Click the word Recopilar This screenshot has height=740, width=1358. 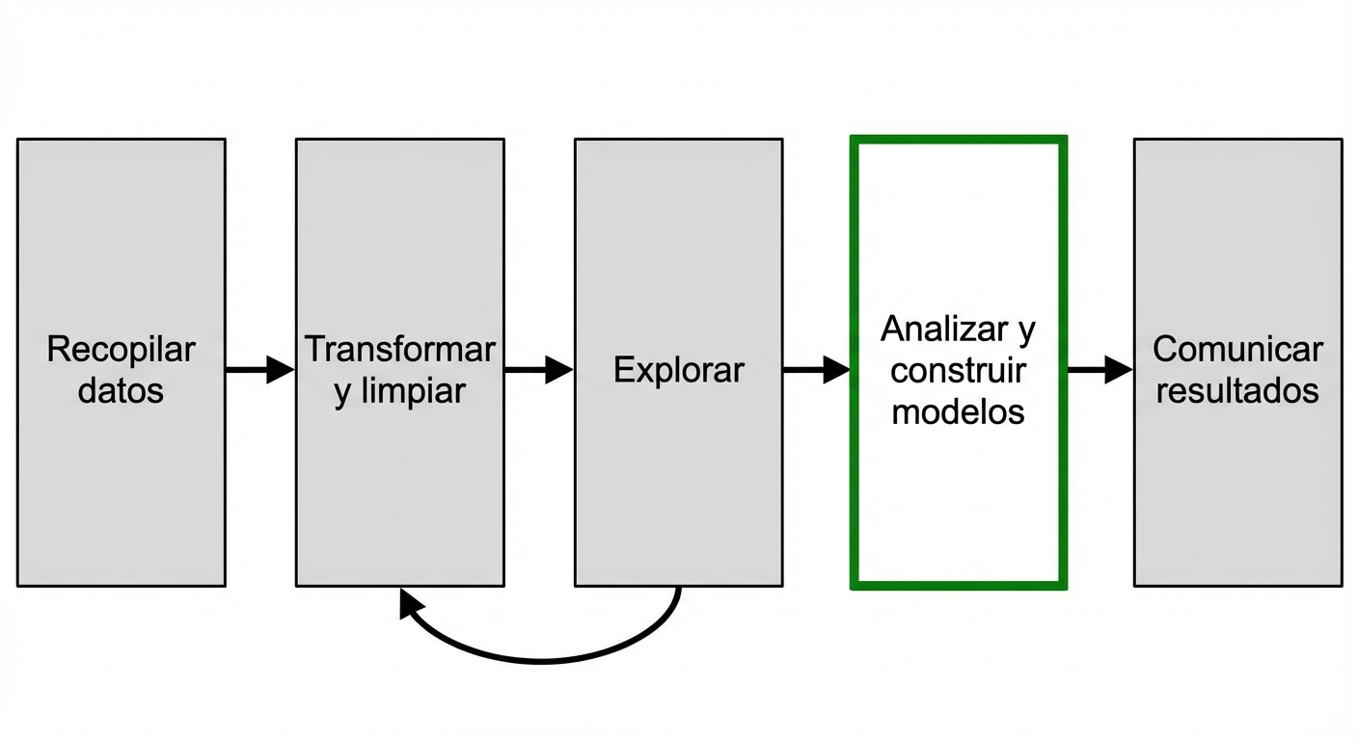[x=121, y=350]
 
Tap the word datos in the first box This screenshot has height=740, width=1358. [x=121, y=391]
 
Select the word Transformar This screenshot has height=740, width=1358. [x=399, y=350]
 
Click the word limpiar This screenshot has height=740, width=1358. [x=412, y=391]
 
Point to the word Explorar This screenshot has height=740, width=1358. [x=678, y=370]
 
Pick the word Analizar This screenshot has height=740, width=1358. [x=942, y=330]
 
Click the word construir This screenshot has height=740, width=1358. [x=959, y=370]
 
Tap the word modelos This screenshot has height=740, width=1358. [x=958, y=411]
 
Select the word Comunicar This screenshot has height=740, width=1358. [x=1237, y=350]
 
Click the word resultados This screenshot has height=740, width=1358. [x=1237, y=391]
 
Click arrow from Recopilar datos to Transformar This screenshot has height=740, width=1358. [x=258, y=369]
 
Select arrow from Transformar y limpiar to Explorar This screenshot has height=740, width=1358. [x=537, y=369]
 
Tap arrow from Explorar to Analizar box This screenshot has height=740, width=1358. [x=815, y=369]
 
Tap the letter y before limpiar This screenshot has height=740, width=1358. [x=342, y=393]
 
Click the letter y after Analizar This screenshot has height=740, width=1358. [x=1026, y=331]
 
